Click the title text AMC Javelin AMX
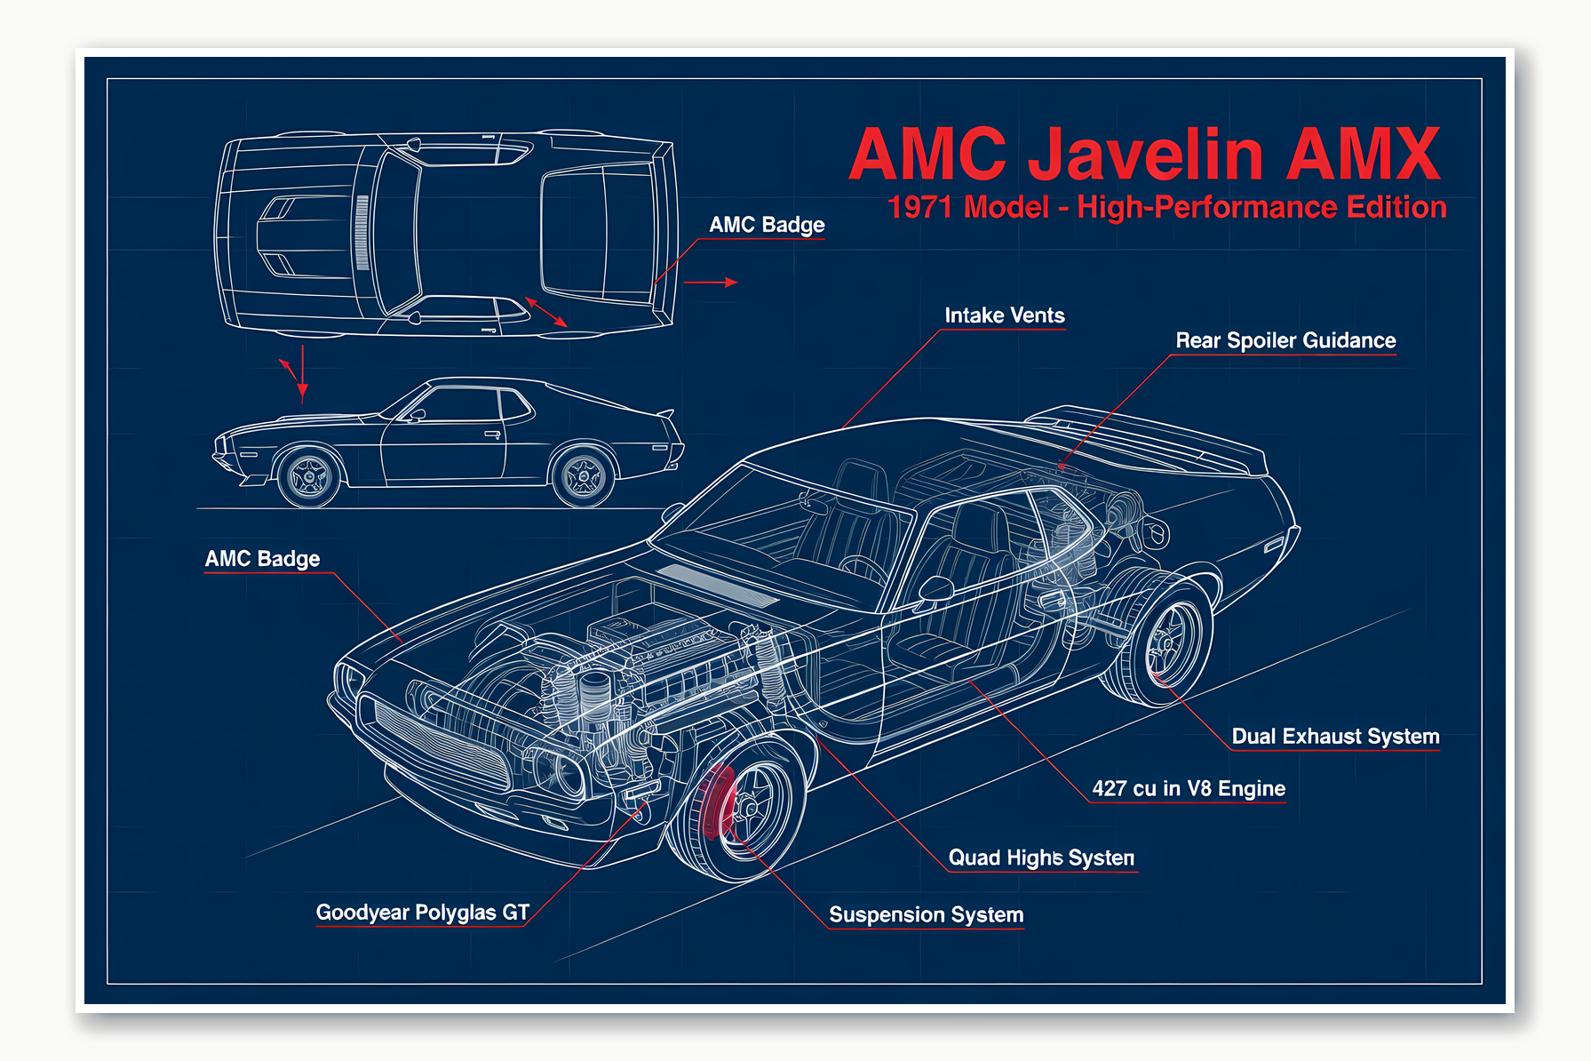[1144, 155]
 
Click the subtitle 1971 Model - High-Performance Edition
[1166, 208]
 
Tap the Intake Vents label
[1004, 315]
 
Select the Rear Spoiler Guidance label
[1285, 340]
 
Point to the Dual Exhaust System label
[1334, 736]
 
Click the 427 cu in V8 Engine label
[1188, 788]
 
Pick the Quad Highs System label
[1041, 858]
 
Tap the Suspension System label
[926, 914]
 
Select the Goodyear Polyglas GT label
[422, 913]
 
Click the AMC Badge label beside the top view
[766, 225]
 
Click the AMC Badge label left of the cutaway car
[262, 559]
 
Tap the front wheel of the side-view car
[308, 477]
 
